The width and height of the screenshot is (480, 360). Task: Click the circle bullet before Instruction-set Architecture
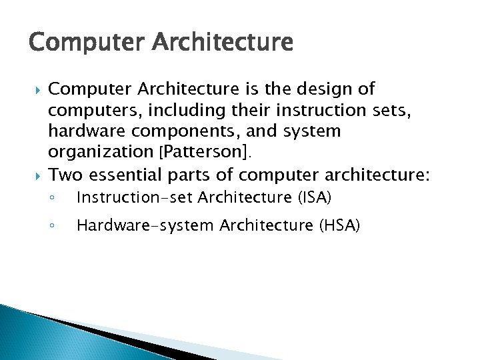tap(53, 198)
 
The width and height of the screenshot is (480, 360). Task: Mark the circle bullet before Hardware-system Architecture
tap(53, 226)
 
